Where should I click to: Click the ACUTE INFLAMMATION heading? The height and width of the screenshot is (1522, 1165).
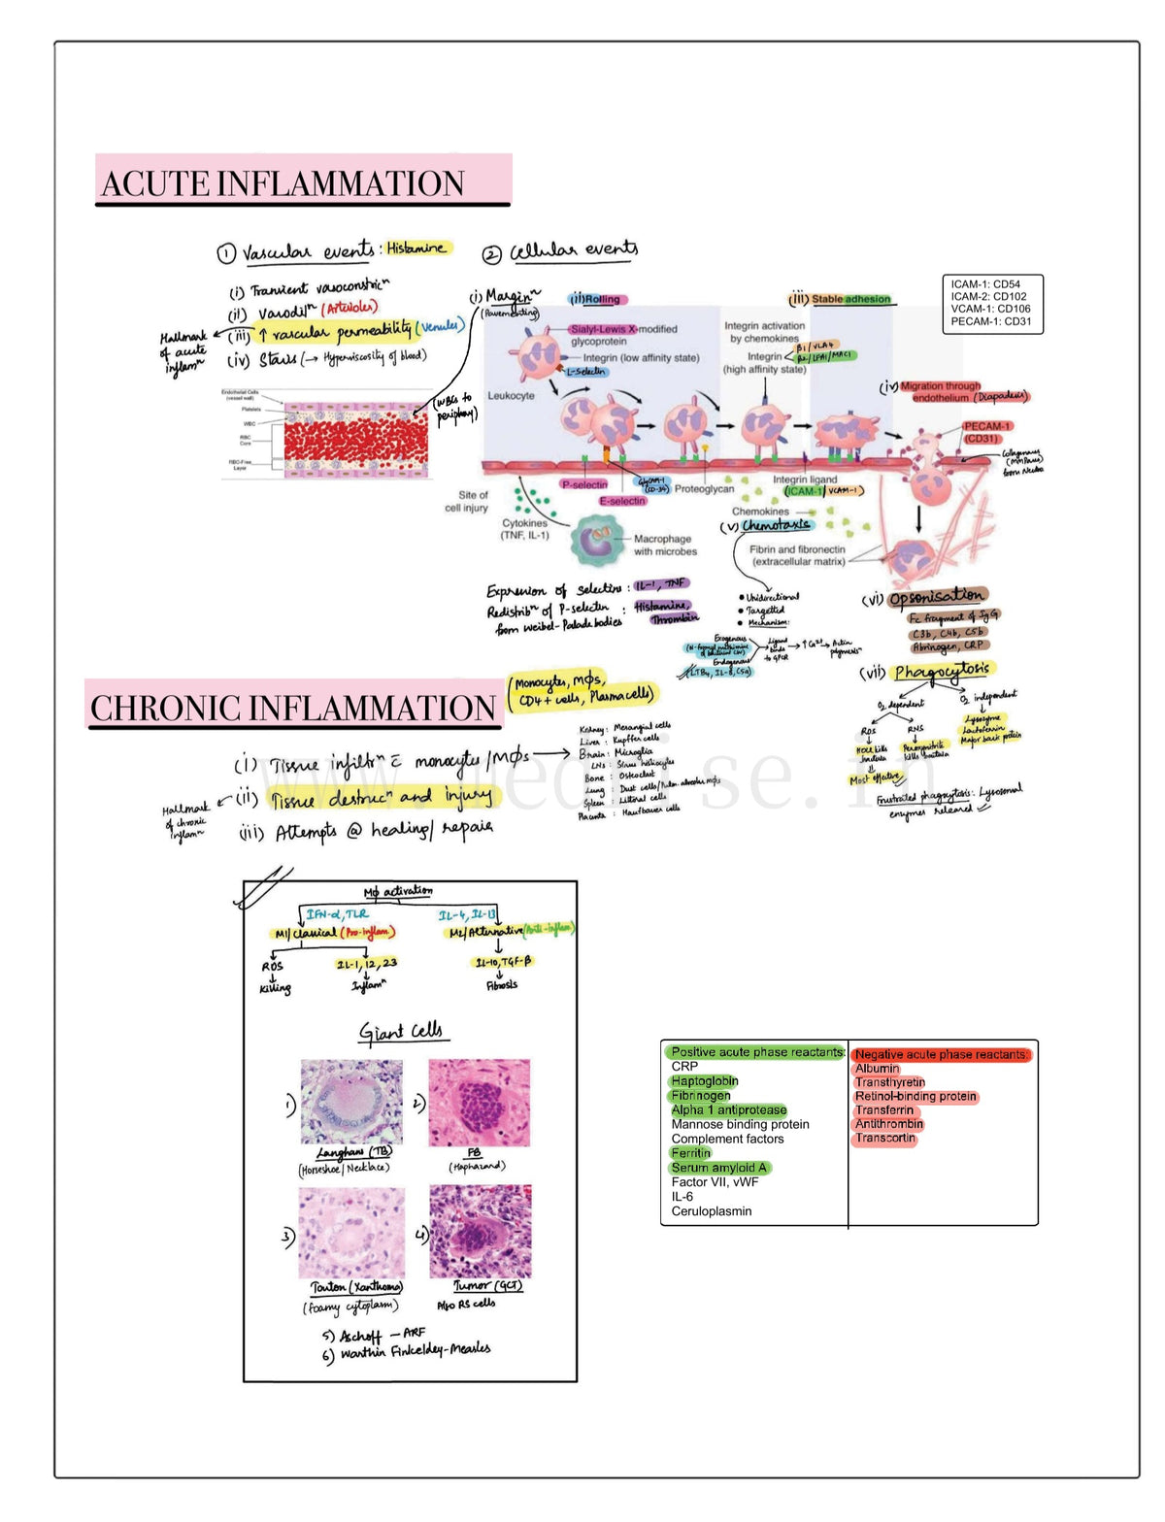pyautogui.click(x=283, y=183)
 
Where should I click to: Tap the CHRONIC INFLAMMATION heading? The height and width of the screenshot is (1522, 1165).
pyautogui.click(x=293, y=708)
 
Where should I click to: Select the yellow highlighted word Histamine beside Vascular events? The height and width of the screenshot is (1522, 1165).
pyautogui.click(x=416, y=248)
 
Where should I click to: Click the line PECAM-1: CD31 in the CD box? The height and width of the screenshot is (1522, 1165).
pyautogui.click(x=991, y=321)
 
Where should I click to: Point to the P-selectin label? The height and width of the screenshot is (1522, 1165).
pyautogui.click(x=583, y=484)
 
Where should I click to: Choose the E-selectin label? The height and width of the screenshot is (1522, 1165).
pyautogui.click(x=622, y=501)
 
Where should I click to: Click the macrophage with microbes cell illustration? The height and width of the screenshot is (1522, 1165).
pyautogui.click(x=599, y=540)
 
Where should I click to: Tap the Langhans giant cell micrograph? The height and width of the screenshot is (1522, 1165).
pyautogui.click(x=351, y=1102)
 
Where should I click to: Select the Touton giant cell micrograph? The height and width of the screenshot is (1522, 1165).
pyautogui.click(x=351, y=1232)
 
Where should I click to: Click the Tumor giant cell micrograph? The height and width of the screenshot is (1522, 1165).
pyautogui.click(x=481, y=1232)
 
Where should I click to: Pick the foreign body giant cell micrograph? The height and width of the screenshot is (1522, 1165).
pyautogui.click(x=480, y=1103)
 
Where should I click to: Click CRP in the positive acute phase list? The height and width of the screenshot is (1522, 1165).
pyautogui.click(x=684, y=1066)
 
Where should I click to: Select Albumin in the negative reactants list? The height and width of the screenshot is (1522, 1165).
pyautogui.click(x=877, y=1068)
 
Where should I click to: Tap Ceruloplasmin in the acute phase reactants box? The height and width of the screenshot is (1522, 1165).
pyautogui.click(x=712, y=1210)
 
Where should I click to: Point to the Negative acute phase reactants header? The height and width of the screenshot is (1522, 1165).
pyautogui.click(x=941, y=1054)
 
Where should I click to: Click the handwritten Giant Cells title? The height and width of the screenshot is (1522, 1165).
pyautogui.click(x=400, y=1031)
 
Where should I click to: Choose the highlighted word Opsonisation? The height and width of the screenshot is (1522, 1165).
pyautogui.click(x=936, y=595)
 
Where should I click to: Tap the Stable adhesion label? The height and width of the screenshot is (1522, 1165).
pyautogui.click(x=850, y=299)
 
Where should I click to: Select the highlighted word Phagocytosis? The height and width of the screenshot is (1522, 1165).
pyautogui.click(x=942, y=670)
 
